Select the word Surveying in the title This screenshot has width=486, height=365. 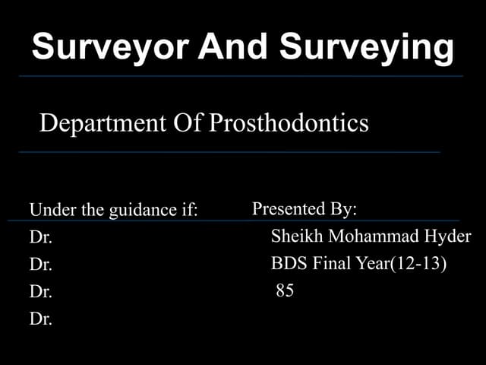tap(367, 47)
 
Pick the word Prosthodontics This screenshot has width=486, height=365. tap(289, 123)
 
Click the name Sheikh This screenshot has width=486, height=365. tap(292, 236)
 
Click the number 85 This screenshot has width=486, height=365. tap(285, 290)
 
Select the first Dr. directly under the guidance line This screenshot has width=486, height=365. tap(40, 237)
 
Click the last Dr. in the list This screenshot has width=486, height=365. tap(40, 319)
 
